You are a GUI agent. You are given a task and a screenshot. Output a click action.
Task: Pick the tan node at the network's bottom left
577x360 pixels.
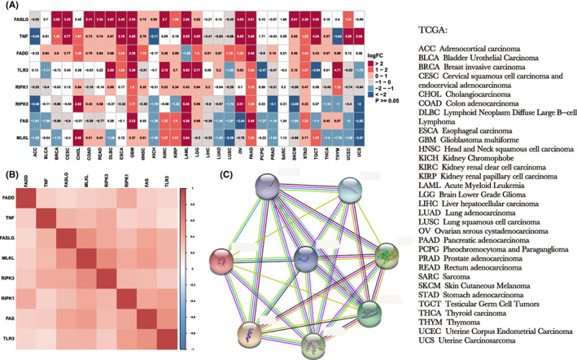click(250, 336)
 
